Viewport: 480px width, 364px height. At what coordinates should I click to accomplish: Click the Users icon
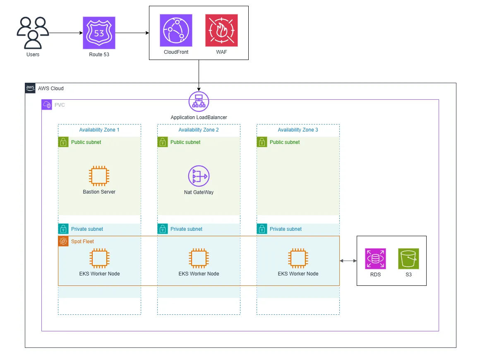tap(33, 33)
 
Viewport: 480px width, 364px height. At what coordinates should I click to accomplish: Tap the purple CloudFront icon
tap(176, 30)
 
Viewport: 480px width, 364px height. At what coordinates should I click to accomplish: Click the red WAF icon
tap(221, 30)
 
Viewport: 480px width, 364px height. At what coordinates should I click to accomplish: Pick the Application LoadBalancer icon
tap(199, 101)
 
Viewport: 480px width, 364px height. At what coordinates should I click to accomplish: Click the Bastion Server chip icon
tap(99, 176)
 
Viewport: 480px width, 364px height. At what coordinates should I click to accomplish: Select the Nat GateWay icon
tap(199, 176)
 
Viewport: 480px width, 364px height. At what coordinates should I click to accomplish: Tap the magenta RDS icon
tap(375, 259)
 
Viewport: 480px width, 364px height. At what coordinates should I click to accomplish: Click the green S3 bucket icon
tap(408, 259)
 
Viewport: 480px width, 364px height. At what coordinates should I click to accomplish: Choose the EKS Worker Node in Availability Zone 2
tap(199, 259)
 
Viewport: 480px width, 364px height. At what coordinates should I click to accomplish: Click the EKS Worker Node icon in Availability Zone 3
tap(298, 259)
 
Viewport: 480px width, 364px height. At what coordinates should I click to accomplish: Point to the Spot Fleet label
tap(82, 242)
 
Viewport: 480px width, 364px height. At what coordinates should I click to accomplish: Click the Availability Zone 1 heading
tap(99, 130)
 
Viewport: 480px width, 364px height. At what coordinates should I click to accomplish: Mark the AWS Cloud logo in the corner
tap(30, 88)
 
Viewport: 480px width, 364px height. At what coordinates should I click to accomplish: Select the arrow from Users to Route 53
tap(65, 33)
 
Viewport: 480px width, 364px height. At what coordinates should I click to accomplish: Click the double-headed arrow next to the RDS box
tap(348, 261)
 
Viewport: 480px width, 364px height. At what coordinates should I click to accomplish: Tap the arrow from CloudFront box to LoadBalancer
tap(199, 74)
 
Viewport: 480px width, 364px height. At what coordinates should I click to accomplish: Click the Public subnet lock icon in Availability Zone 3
tap(262, 142)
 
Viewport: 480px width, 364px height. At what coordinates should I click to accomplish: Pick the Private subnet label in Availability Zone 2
tap(186, 229)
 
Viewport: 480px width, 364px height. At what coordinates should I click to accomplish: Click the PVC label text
tap(60, 105)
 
